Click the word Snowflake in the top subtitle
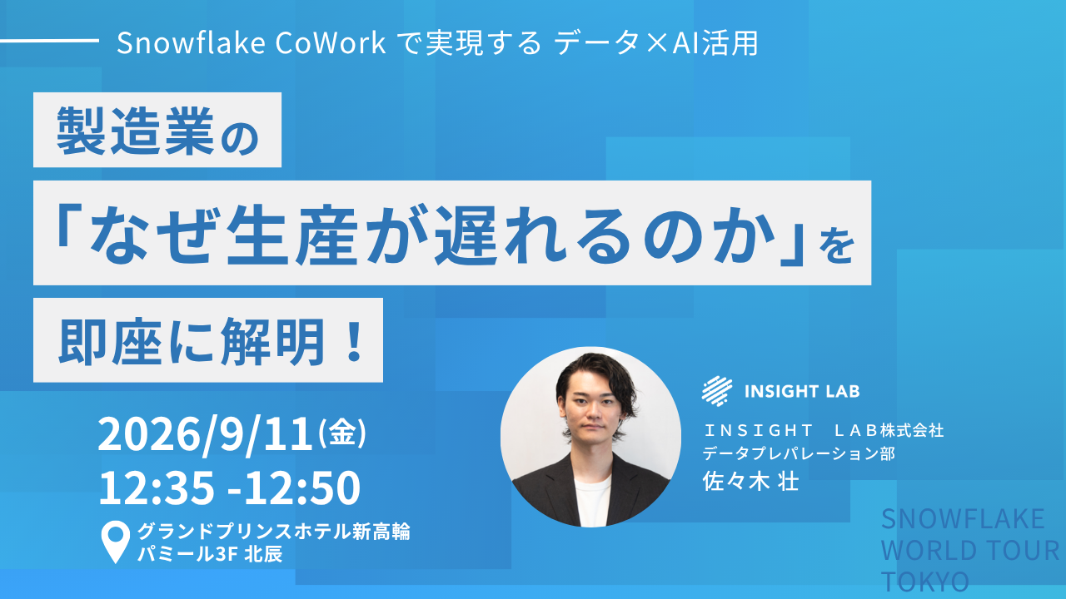(191, 42)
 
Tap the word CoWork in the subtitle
(331, 42)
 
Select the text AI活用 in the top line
(715, 42)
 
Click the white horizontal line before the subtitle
(49, 41)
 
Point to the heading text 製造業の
(157, 131)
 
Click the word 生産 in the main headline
(291, 235)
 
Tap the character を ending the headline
(837, 245)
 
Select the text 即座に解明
(192, 341)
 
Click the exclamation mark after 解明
(354, 341)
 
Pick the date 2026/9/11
(205, 434)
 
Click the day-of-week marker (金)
(342, 433)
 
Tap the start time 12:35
(156, 488)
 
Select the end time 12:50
(302, 488)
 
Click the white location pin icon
(116, 542)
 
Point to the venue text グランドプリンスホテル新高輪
(274, 532)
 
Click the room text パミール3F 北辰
(210, 554)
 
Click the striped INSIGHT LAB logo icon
(717, 391)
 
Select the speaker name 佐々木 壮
(750, 482)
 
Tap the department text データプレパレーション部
(799, 453)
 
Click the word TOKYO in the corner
(925, 582)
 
